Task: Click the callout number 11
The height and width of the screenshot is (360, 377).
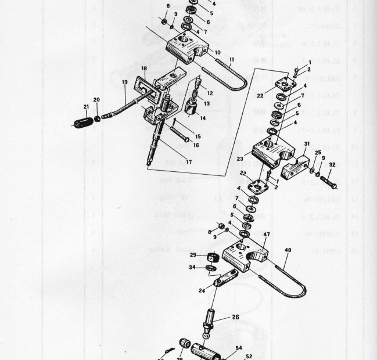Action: click(x=232, y=59)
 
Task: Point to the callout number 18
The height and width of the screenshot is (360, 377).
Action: click(x=143, y=69)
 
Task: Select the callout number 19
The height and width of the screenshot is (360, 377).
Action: click(x=124, y=82)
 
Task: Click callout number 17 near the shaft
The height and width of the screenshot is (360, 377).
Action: click(x=188, y=162)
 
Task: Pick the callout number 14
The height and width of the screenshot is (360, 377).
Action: click(x=203, y=118)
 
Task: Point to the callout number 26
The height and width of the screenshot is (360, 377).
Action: click(x=235, y=317)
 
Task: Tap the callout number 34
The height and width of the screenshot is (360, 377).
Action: click(x=192, y=267)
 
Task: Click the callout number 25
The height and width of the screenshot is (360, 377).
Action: click(x=318, y=153)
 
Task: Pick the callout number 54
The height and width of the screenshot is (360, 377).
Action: click(x=238, y=348)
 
